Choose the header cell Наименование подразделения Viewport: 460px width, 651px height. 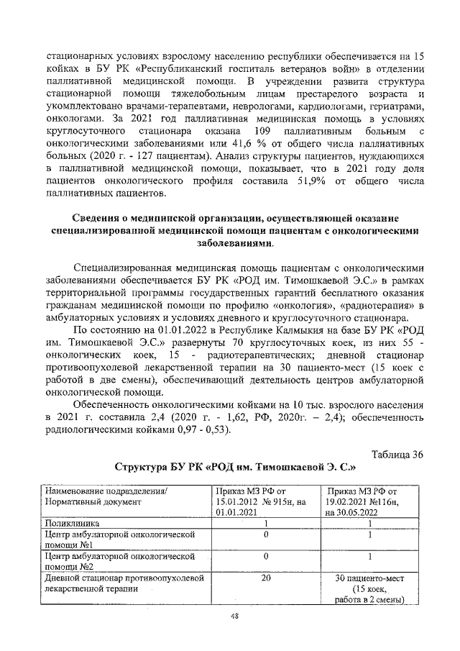tap(106, 490)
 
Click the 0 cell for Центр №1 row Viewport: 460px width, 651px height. tap(266, 534)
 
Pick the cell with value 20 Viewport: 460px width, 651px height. tap(266, 578)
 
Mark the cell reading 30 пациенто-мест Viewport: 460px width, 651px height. tap(369, 578)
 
